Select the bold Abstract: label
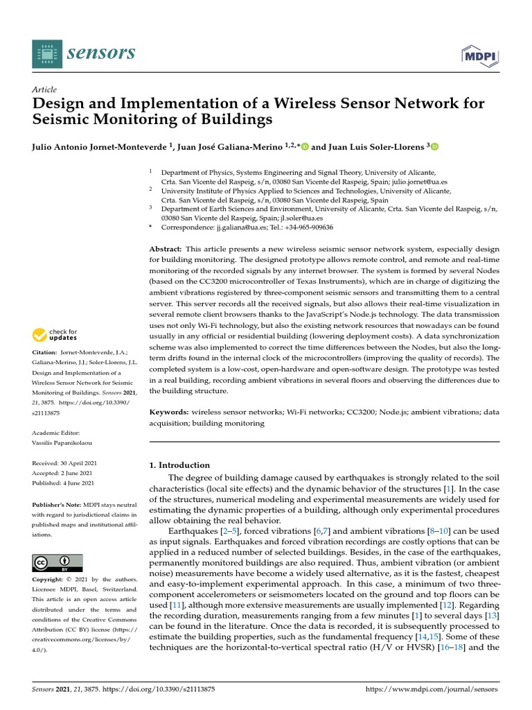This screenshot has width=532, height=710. click(x=166, y=248)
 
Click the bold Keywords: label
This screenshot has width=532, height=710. click(x=170, y=412)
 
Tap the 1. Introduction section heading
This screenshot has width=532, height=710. click(x=180, y=465)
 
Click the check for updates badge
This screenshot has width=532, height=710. click(x=55, y=336)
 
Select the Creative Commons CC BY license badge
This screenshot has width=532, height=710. click(x=57, y=562)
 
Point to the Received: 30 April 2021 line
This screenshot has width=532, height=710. click(x=63, y=462)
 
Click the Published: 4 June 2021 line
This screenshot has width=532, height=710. click(x=63, y=483)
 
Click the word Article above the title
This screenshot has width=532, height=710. click(x=44, y=89)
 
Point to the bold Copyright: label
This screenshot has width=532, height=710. click(x=50, y=579)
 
